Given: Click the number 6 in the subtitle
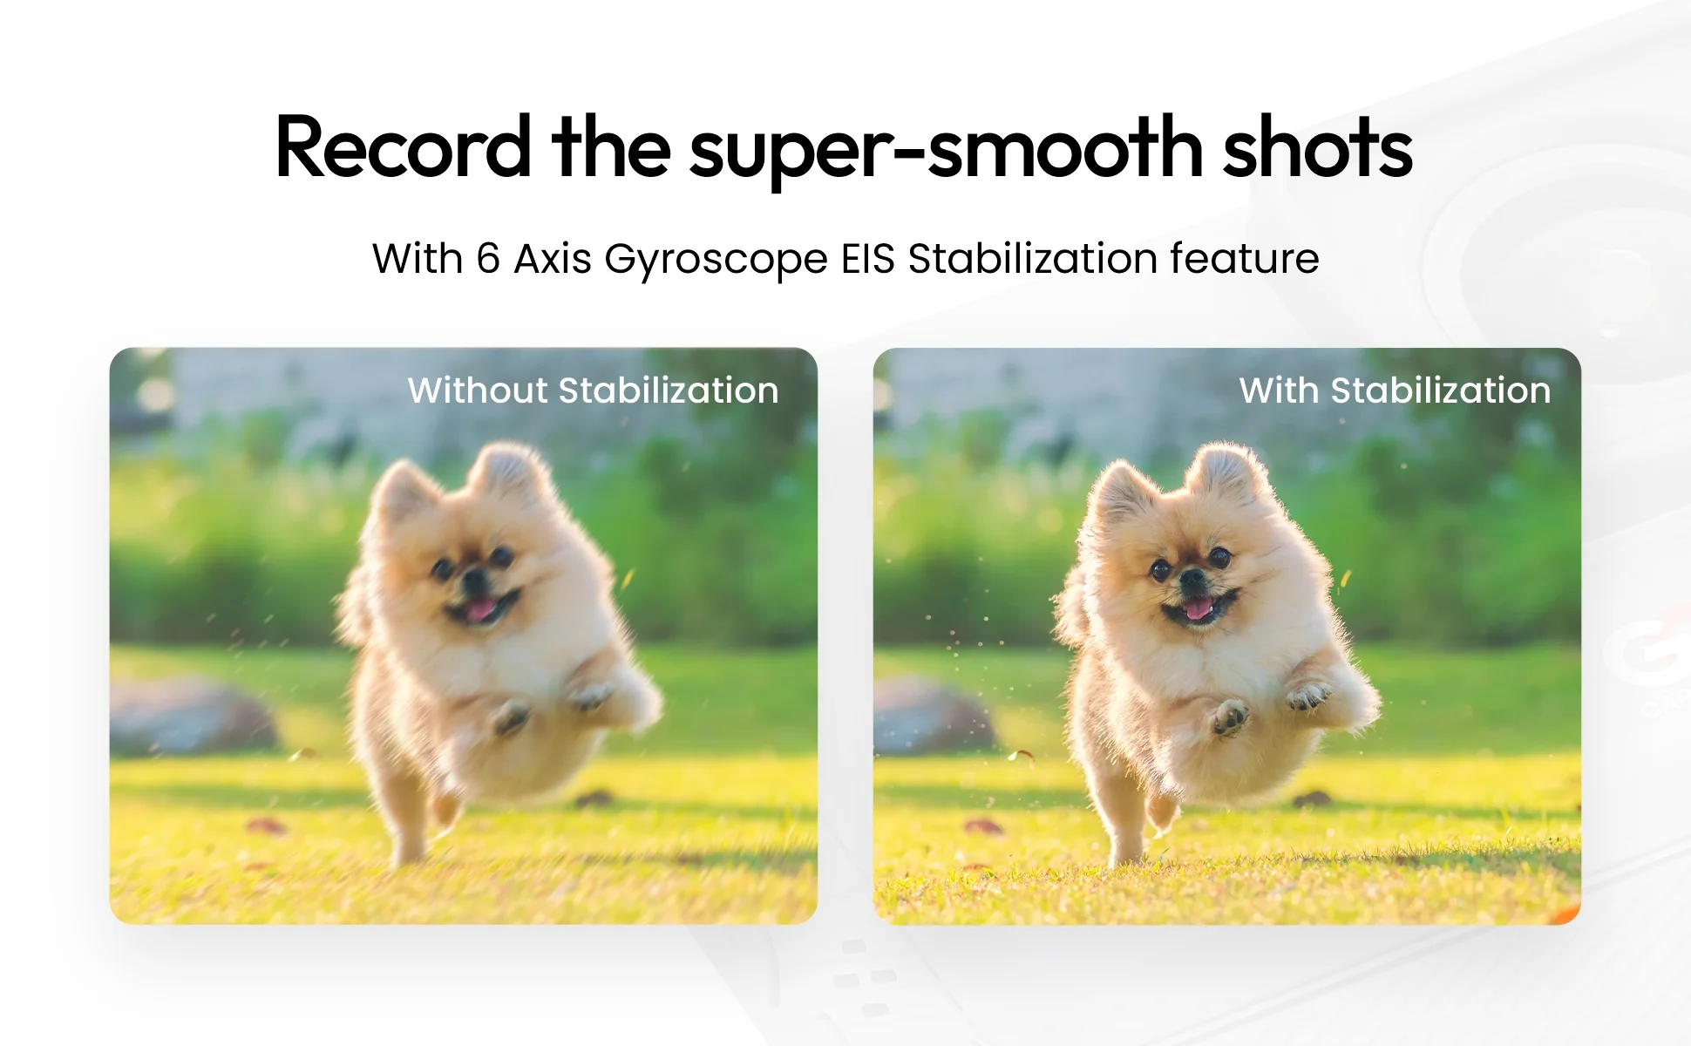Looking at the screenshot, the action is [488, 259].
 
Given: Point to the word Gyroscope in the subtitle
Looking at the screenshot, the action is [716, 261].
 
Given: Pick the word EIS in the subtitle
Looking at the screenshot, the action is [868, 259].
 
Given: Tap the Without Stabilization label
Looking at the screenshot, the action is [594, 391].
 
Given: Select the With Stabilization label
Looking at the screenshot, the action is [1395, 391].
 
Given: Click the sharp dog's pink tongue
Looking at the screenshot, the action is [1199, 608].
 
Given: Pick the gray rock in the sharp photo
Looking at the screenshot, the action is [934, 716].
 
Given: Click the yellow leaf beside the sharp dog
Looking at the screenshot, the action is [1346, 578].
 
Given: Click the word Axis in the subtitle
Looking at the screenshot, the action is [553, 259].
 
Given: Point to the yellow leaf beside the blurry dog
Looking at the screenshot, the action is [628, 578].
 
